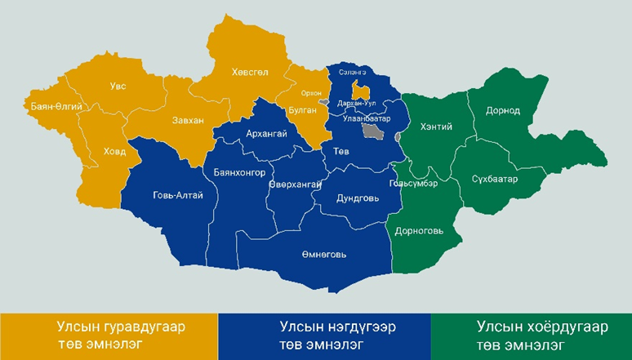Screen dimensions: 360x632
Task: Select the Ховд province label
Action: pos(114,151)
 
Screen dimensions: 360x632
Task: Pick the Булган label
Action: pos(302,109)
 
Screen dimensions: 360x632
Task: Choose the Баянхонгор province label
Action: pos(238,173)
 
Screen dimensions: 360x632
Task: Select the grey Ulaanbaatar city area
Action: pos(373,131)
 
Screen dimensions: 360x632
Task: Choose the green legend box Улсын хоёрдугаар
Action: pos(532,336)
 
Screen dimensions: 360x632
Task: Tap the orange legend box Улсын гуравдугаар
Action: pos(109,336)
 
